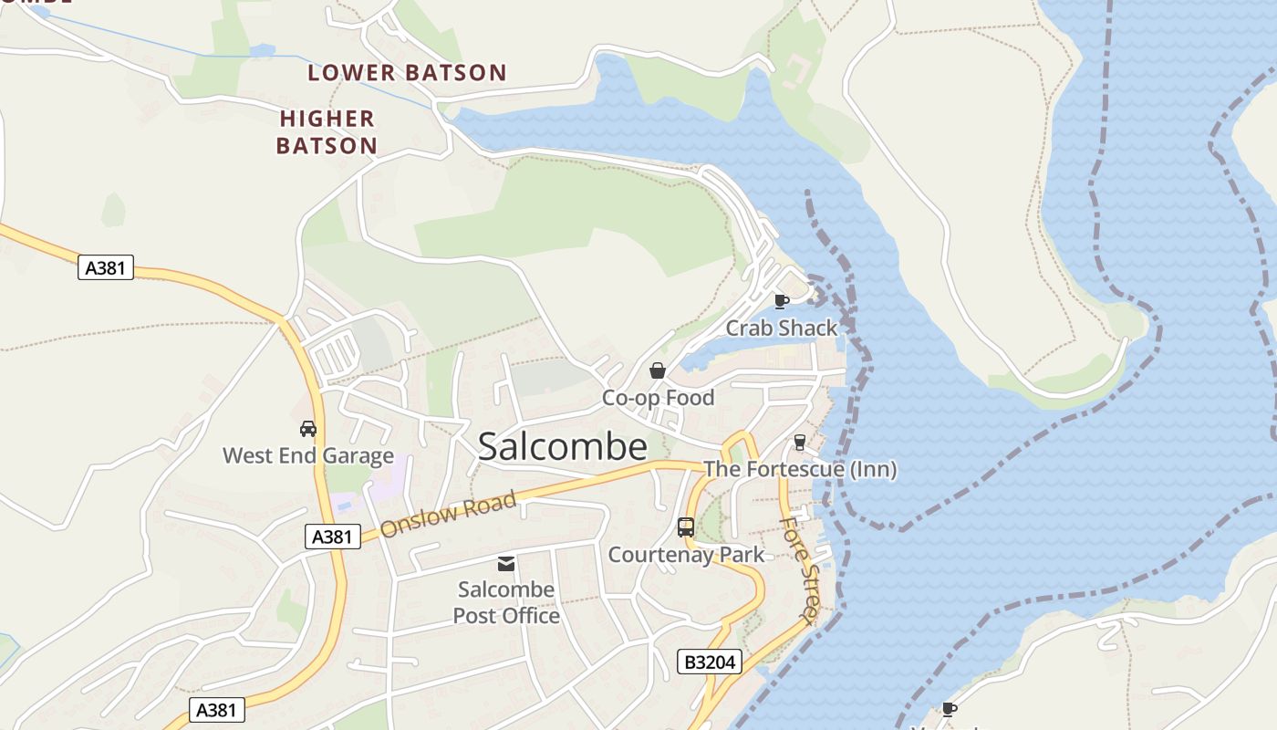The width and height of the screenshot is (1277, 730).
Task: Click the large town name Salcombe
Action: tap(563, 447)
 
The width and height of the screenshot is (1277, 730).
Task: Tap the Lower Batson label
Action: tap(407, 73)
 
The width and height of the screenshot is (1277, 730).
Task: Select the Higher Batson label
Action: tap(327, 132)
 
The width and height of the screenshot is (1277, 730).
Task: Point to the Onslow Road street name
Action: tap(448, 514)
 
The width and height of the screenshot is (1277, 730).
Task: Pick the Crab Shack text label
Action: tap(781, 328)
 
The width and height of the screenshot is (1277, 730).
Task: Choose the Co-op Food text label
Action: tap(658, 398)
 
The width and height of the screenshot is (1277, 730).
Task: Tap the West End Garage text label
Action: tap(308, 455)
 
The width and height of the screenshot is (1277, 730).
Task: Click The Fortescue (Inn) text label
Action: tap(800, 470)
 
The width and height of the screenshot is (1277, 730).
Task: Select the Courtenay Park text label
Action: tap(686, 555)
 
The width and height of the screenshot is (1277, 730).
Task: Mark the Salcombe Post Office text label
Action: tap(506, 602)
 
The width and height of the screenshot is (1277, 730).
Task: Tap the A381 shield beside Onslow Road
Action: tap(332, 537)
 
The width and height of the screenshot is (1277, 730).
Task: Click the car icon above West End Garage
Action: tap(308, 429)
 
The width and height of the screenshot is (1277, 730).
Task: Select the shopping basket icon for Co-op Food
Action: tap(657, 370)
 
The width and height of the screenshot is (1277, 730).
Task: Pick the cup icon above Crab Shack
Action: tap(781, 301)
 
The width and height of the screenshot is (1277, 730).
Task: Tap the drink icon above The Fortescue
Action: tap(800, 443)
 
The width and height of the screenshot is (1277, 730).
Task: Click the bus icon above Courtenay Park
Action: tap(686, 527)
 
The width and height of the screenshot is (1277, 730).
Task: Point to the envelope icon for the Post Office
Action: tap(505, 564)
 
